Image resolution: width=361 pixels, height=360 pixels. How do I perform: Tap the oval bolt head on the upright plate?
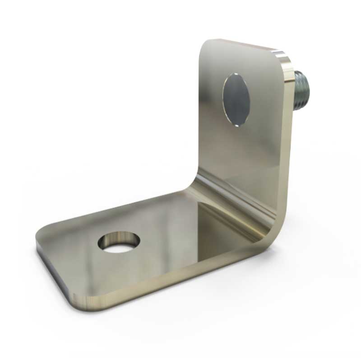(236, 98)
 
